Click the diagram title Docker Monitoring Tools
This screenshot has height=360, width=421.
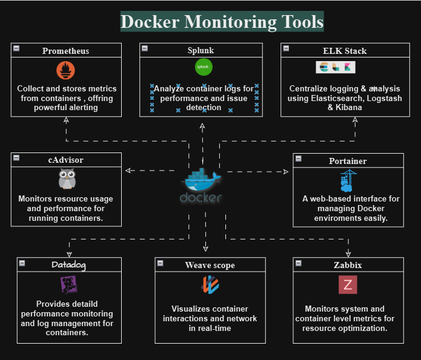click(222, 22)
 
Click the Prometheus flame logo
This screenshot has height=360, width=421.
click(66, 70)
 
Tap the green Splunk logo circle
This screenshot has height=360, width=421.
click(204, 66)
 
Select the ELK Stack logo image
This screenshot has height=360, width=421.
click(331, 67)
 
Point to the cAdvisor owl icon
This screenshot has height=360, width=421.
click(67, 180)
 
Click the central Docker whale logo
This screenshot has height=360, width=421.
click(201, 185)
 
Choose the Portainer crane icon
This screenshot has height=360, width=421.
click(348, 180)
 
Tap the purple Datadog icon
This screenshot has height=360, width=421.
click(68, 284)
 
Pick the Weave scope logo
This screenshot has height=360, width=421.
click(210, 285)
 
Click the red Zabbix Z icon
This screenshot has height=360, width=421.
click(348, 284)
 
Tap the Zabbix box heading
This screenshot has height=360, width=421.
click(348, 265)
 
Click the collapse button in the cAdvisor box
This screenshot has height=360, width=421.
click(16, 158)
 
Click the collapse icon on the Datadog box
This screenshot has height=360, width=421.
click(22, 263)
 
